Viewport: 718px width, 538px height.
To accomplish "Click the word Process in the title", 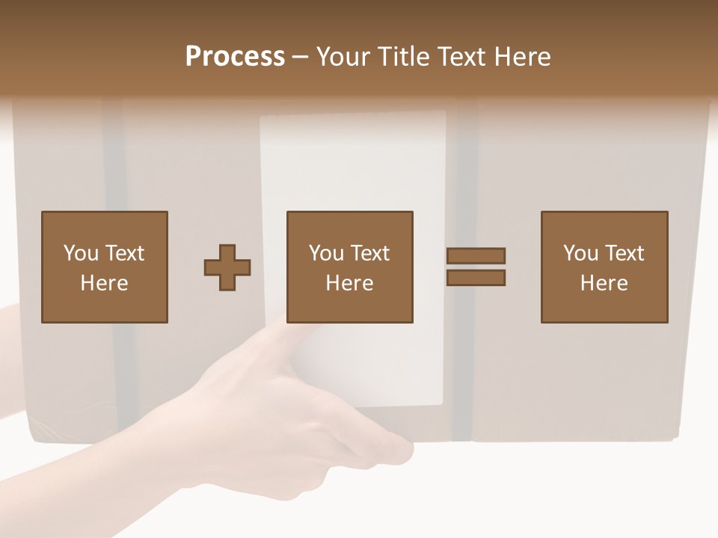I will (x=235, y=56).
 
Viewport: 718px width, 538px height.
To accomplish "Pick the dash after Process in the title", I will (x=301, y=58).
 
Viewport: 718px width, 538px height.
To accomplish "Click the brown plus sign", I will (x=227, y=268).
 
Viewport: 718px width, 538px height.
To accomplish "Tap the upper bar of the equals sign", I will (x=476, y=256).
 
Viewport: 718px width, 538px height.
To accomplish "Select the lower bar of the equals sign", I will (x=476, y=277).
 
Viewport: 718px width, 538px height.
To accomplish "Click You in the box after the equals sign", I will (x=580, y=253).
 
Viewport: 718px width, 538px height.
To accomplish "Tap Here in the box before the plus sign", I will (x=104, y=283).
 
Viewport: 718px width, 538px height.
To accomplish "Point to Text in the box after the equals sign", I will (x=625, y=253).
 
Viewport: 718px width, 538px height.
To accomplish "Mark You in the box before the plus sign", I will (x=81, y=253).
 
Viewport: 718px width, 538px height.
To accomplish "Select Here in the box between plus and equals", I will (x=349, y=283).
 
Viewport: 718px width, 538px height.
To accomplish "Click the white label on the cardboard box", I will (x=352, y=164).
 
